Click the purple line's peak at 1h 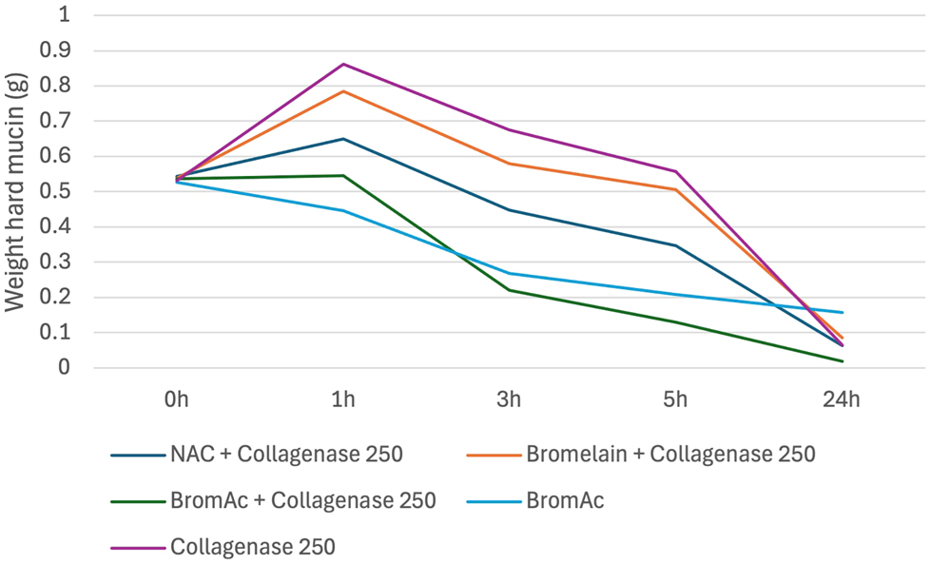click(342, 64)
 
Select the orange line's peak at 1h click(342, 91)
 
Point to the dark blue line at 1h click(342, 139)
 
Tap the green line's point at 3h click(509, 290)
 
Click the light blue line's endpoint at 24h click(842, 312)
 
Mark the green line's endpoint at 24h click(842, 360)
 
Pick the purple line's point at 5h click(675, 171)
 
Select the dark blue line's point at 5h click(675, 245)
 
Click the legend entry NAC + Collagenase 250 click(284, 455)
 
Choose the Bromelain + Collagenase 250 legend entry click(669, 455)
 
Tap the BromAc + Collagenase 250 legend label click(302, 500)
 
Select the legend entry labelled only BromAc click(564, 500)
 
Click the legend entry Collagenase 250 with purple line click(252, 547)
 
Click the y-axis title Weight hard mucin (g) click(17, 193)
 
